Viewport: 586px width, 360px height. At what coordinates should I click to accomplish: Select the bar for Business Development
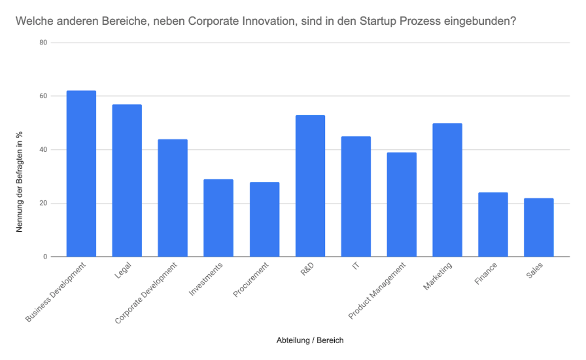[x=81, y=173]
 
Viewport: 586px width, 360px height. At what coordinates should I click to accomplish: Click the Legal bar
[x=127, y=180]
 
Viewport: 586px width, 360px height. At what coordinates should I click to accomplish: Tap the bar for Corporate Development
[x=173, y=198]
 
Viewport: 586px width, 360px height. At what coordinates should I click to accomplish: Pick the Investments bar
[x=218, y=218]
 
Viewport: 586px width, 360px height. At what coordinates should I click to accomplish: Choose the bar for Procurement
[x=264, y=219]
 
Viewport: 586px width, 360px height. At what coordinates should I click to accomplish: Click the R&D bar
[x=310, y=186]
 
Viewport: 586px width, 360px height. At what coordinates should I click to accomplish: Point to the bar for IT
[x=356, y=196]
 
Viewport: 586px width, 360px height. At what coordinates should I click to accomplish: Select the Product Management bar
[x=402, y=204]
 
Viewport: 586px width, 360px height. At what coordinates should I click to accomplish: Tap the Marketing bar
[x=447, y=190]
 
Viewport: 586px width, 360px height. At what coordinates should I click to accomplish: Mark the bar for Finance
[x=493, y=225]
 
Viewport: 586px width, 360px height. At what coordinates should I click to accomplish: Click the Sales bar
[x=539, y=227]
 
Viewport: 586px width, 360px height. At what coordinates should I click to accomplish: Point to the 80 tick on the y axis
[x=43, y=43]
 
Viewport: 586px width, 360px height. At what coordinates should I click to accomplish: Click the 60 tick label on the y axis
[x=43, y=96]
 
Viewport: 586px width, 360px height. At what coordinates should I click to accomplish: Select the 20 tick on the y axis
[x=43, y=204]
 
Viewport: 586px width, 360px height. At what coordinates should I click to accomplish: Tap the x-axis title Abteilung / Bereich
[x=310, y=340]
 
